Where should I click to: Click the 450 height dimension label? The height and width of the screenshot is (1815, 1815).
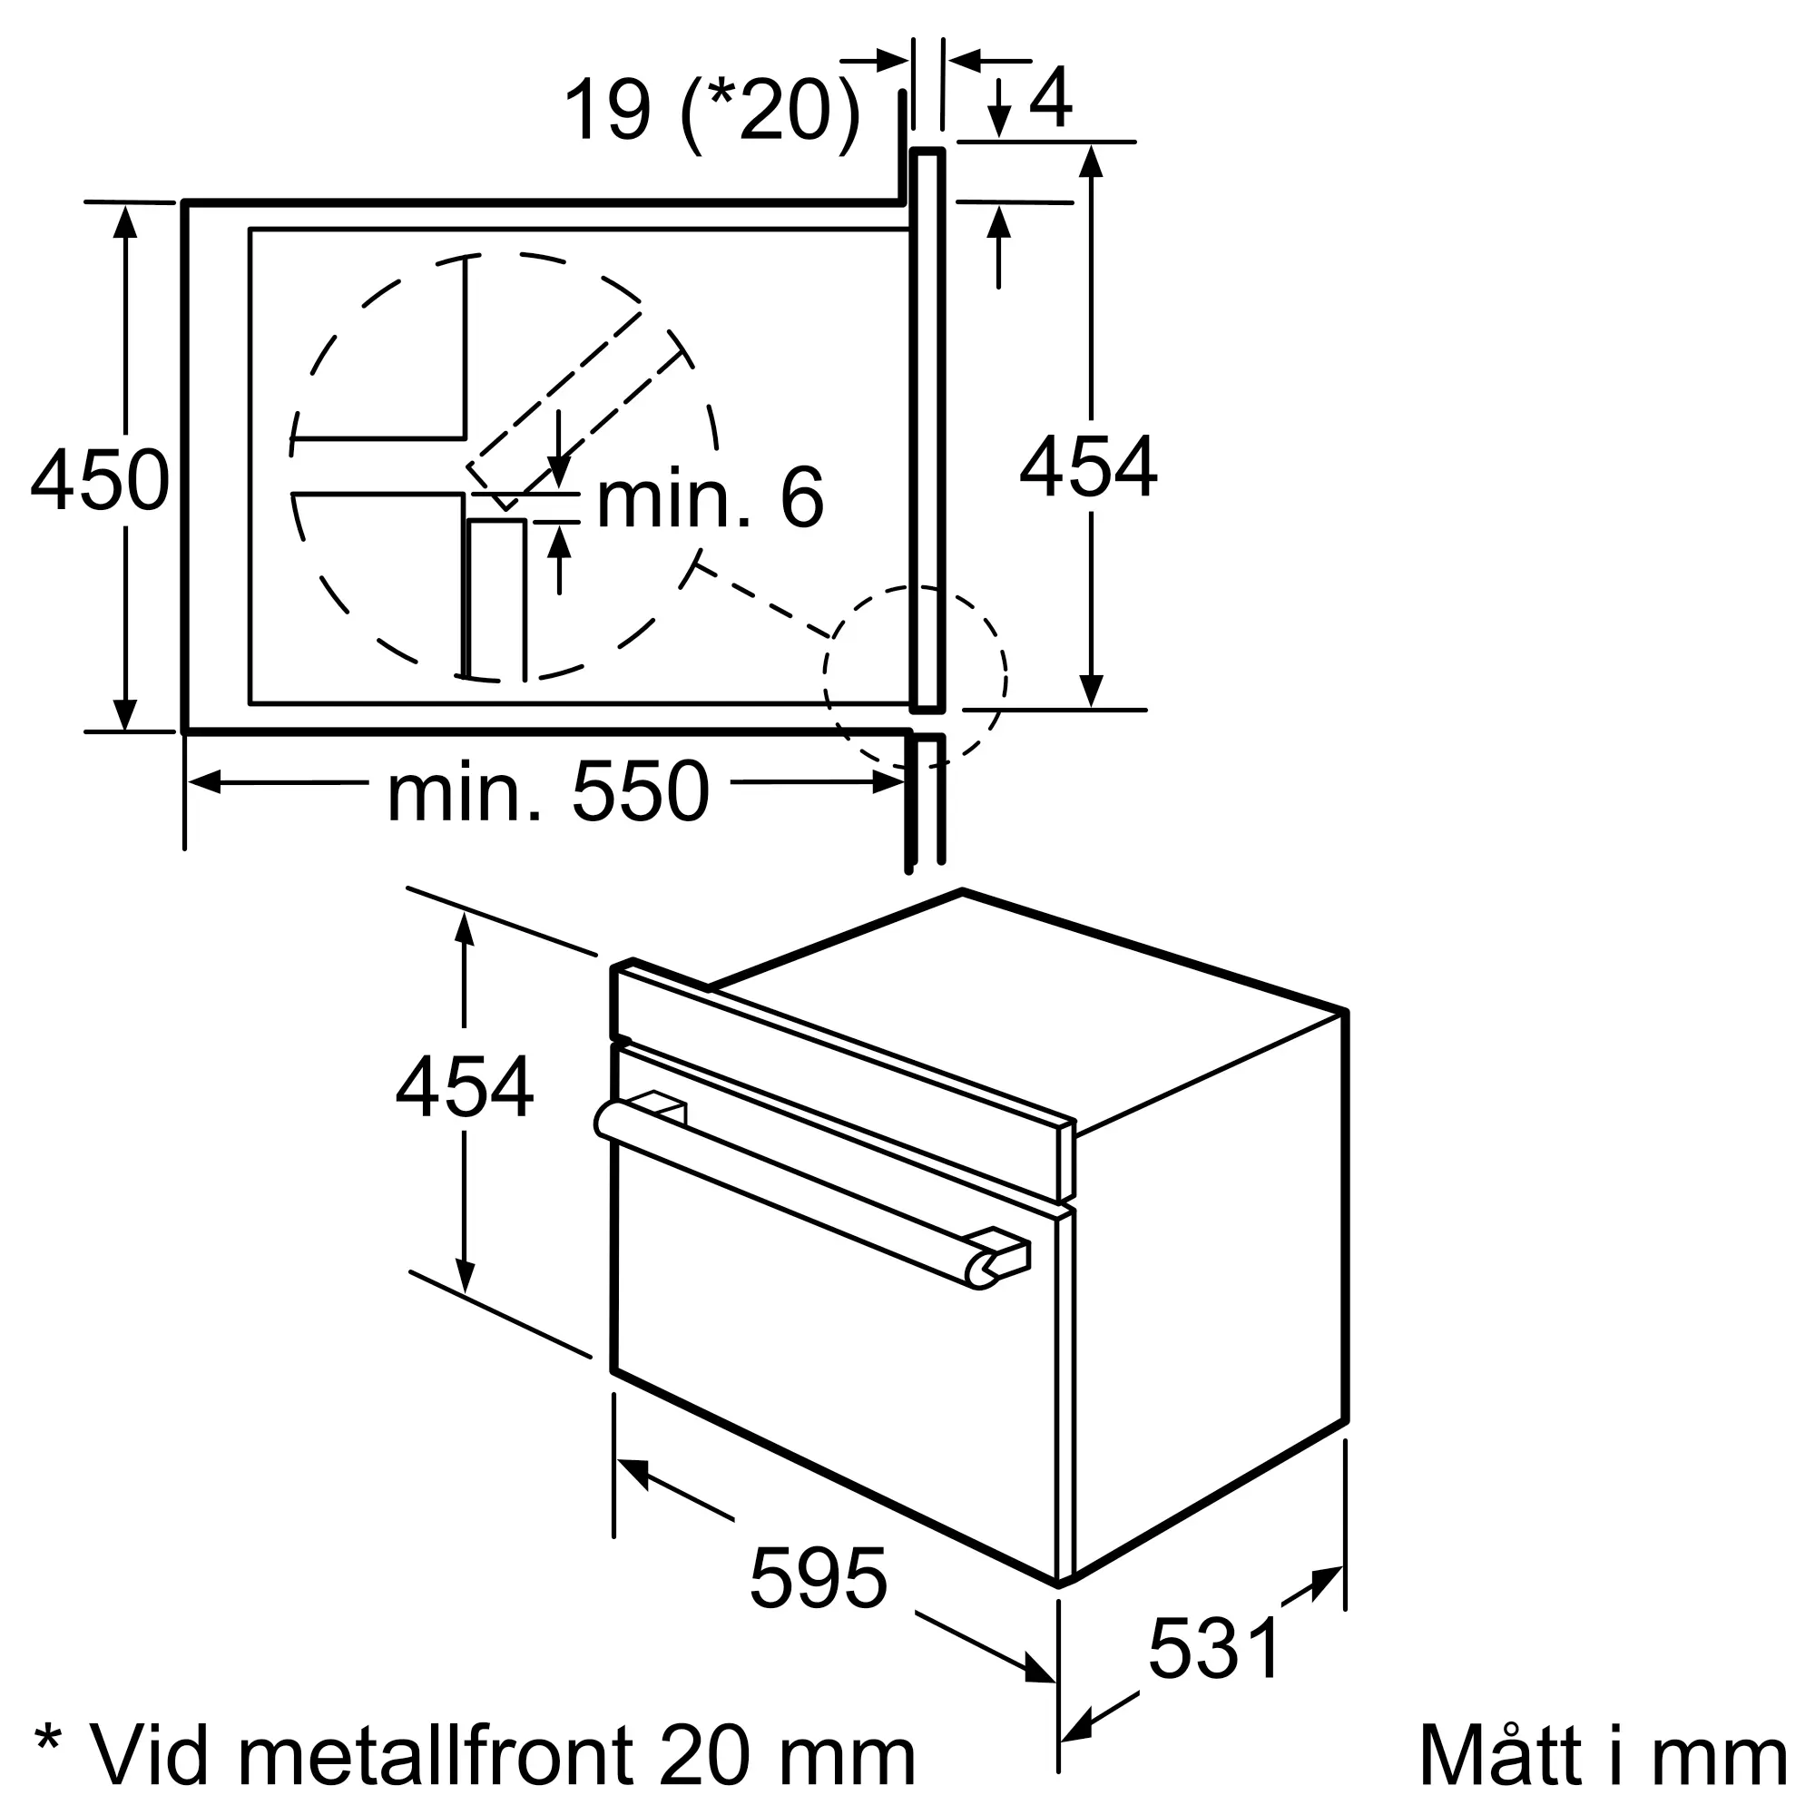click(x=100, y=480)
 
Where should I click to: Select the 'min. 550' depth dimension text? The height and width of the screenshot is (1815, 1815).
click(x=548, y=793)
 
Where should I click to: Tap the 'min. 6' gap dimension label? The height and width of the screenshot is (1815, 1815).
click(x=711, y=498)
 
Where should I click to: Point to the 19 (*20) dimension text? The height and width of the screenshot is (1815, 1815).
click(x=711, y=110)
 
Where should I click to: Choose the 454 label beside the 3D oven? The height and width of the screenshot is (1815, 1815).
click(x=464, y=1088)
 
